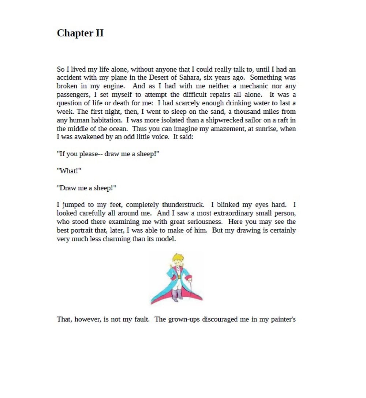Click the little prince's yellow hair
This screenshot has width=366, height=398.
coord(178,257)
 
